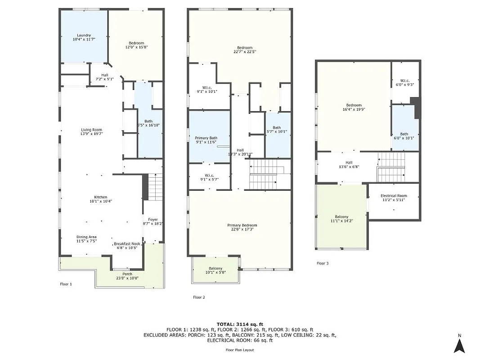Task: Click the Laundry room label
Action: tap(84, 35)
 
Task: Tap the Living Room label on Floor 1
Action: tap(91, 130)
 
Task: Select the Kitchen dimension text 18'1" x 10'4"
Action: tap(100, 201)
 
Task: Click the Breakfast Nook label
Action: tap(127, 244)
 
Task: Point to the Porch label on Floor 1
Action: tap(128, 274)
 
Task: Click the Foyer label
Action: tap(153, 220)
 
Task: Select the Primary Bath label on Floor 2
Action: tap(206, 138)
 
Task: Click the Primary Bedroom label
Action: tap(242, 225)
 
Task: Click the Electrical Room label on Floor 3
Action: tap(394, 196)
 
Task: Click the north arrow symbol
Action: tap(459, 345)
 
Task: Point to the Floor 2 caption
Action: tap(199, 297)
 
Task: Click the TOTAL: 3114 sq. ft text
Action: tap(240, 324)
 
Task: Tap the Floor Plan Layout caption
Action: tap(240, 350)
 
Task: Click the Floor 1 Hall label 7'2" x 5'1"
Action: tap(104, 75)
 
